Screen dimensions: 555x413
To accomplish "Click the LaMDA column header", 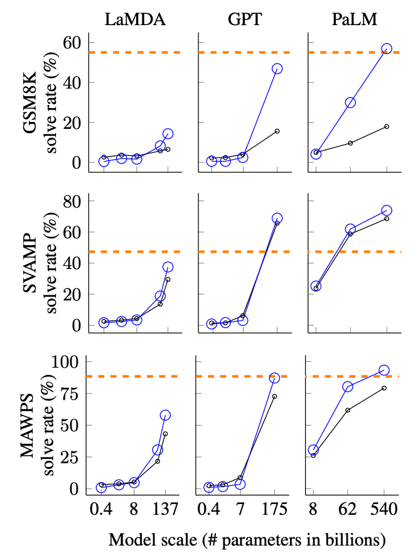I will click(135, 19).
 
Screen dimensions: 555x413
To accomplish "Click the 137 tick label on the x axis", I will click(166, 509).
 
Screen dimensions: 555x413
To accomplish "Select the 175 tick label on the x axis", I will click(276, 509).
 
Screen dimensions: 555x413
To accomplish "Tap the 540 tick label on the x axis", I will click(385, 509).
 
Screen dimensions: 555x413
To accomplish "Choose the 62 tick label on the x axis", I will click(348, 509).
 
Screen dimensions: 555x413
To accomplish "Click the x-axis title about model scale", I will click(247, 539).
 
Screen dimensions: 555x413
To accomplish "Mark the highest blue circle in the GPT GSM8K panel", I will click(277, 69).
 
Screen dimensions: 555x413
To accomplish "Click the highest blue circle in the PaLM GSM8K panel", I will click(387, 48).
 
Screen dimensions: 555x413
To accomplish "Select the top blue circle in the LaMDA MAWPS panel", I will click(166, 415).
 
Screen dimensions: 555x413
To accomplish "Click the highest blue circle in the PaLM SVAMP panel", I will click(387, 211).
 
